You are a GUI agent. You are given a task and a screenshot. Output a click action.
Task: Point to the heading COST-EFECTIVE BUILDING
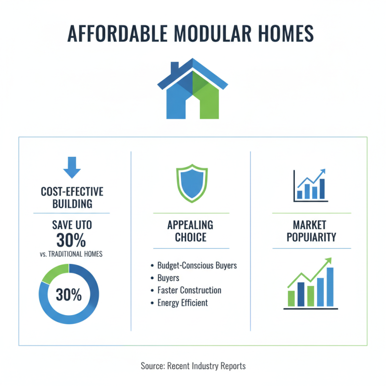point(72,198)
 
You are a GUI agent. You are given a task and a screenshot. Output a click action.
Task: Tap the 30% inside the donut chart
point(69,294)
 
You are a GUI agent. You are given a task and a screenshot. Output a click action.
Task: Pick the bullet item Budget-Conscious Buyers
point(197,266)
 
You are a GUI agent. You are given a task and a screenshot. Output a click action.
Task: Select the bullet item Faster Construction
point(189,290)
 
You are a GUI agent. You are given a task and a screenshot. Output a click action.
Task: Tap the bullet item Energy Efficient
point(182,303)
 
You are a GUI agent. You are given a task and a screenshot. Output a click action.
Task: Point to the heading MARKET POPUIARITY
point(311,231)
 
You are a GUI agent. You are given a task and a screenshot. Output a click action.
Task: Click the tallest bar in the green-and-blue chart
point(330,287)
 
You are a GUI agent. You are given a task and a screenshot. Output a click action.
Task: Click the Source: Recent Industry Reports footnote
point(193,366)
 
